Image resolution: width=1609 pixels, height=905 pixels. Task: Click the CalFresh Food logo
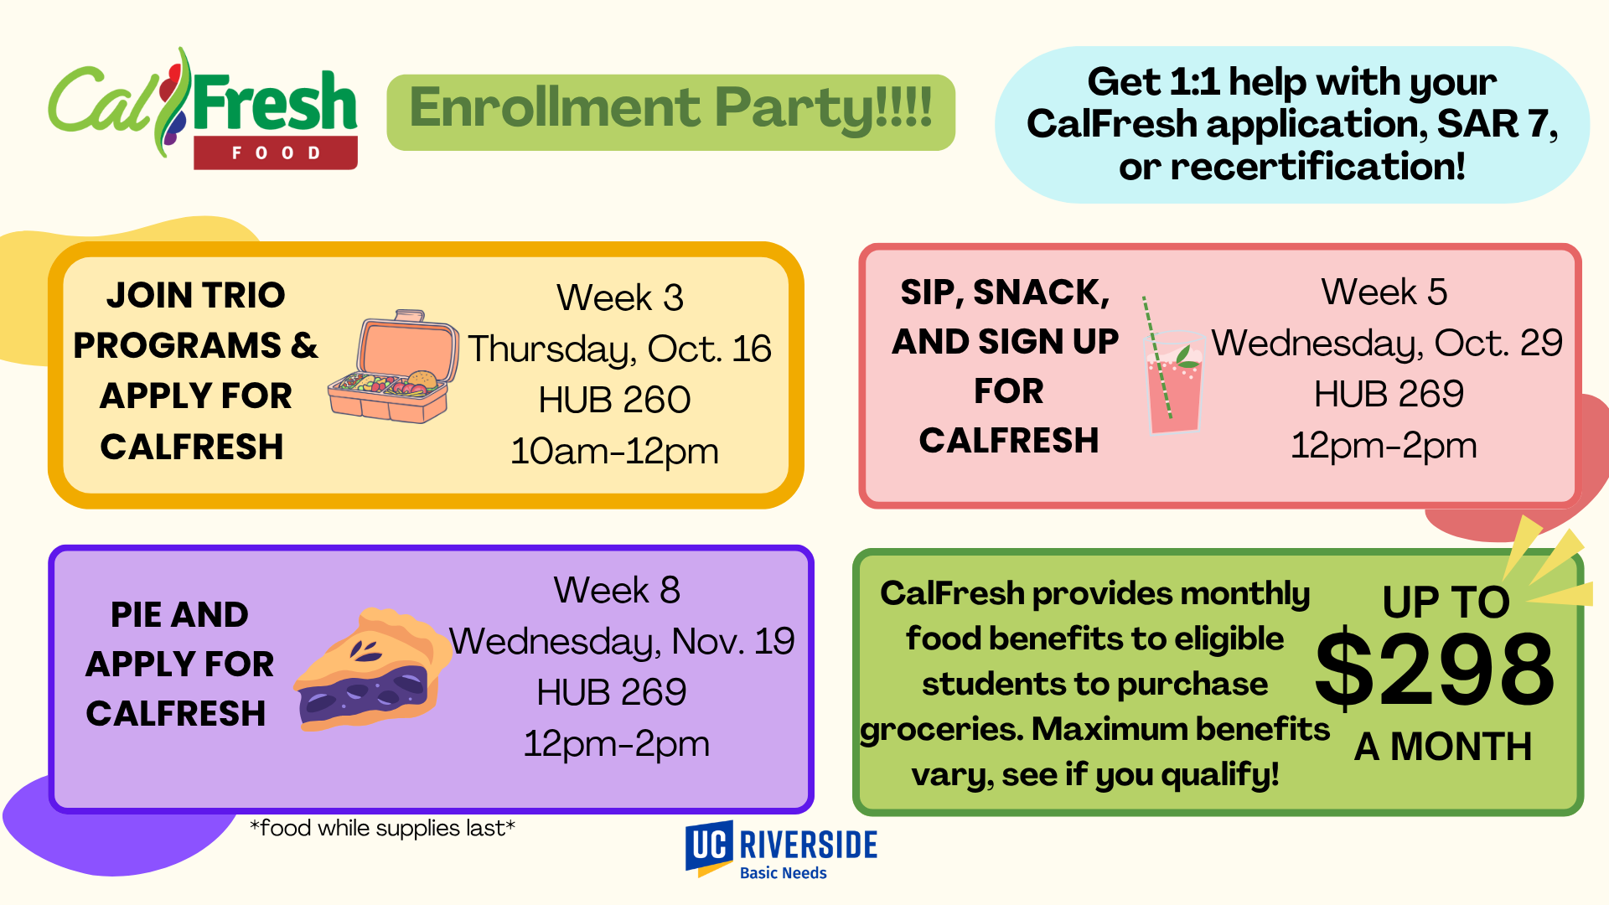tap(203, 108)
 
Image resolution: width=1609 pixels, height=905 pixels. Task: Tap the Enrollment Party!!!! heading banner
tap(670, 112)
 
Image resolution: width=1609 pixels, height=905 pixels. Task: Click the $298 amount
tap(1435, 670)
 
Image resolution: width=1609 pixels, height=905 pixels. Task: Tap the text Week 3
tap(619, 297)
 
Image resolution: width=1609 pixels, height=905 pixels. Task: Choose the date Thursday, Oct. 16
tap(619, 349)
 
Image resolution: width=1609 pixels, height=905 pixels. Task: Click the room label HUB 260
tap(614, 400)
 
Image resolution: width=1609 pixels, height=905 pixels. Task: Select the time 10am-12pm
tap(614, 452)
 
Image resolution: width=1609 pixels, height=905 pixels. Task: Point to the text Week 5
tap(1384, 292)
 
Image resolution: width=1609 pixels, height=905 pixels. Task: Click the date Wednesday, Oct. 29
tap(1387, 343)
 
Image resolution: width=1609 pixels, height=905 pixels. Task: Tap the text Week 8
tap(617, 590)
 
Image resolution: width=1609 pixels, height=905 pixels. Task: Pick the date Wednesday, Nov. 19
tap(622, 641)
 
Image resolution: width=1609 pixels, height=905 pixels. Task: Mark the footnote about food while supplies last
tap(382, 828)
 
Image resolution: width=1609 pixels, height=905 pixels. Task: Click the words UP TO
tap(1446, 602)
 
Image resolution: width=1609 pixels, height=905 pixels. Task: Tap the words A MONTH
tap(1443, 746)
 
